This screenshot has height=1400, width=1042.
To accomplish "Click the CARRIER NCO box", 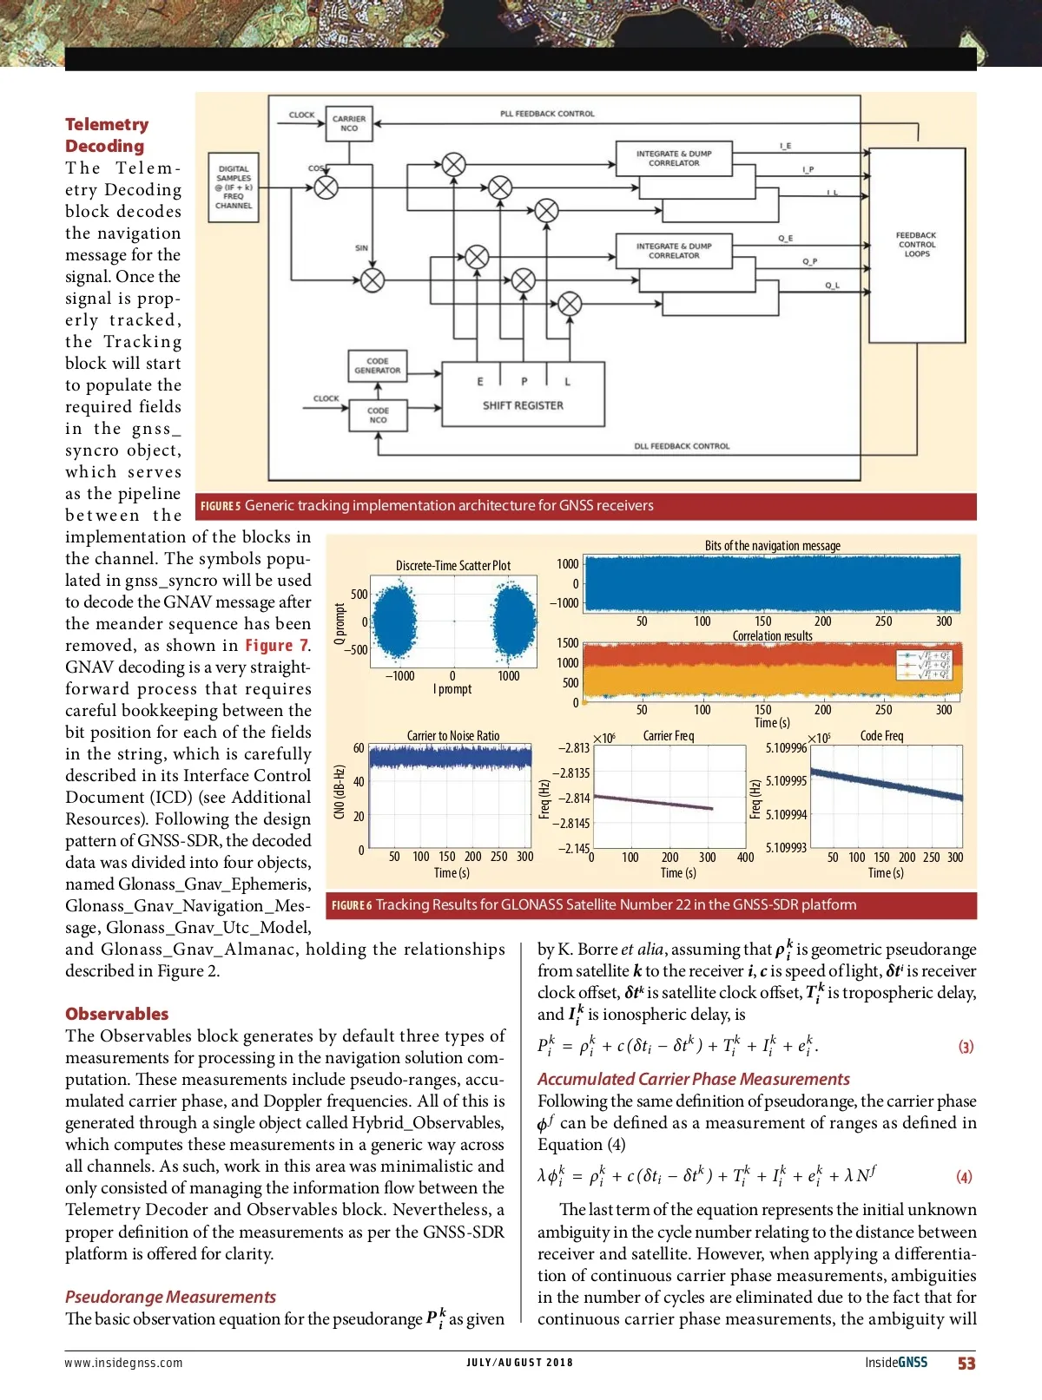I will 349,123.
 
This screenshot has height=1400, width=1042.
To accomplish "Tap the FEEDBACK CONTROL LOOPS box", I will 917,245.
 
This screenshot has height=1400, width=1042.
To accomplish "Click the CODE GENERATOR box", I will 377,365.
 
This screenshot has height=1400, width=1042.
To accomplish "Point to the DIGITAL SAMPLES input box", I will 234,187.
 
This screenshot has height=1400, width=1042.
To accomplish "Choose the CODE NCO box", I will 378,415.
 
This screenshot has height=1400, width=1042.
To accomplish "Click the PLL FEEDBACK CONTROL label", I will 547,114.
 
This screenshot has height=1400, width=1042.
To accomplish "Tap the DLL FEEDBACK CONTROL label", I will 682,446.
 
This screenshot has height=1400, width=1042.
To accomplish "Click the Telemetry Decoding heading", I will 106,135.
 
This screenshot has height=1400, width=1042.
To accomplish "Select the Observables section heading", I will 116,1014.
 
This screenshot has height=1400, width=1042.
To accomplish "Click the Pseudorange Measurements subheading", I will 170,1297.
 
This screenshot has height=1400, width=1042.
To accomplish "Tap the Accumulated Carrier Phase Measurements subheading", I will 693,1079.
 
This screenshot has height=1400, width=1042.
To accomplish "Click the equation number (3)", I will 966,1047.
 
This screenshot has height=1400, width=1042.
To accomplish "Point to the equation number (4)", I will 964,1177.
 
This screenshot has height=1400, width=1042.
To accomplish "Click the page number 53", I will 966,1364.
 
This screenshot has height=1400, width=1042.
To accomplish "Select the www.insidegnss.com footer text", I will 123,1363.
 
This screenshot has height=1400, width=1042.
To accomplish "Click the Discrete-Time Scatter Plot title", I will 453,566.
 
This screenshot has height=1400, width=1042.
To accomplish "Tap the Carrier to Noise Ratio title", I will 453,736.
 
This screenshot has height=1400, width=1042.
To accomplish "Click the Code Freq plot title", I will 881,736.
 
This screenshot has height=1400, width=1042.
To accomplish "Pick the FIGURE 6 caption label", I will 351,905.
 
